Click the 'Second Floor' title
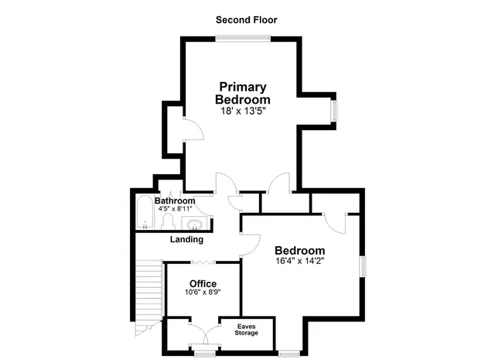(246, 19)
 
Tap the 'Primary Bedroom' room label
(243, 93)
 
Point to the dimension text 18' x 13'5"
(243, 111)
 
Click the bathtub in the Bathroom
(144, 213)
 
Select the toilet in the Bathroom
(166, 222)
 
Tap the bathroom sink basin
(194, 225)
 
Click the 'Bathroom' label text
(175, 201)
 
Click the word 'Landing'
(186, 239)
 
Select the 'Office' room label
(203, 283)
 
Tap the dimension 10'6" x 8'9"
(203, 293)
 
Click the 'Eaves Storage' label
(247, 330)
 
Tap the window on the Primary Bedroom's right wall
(335, 110)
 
